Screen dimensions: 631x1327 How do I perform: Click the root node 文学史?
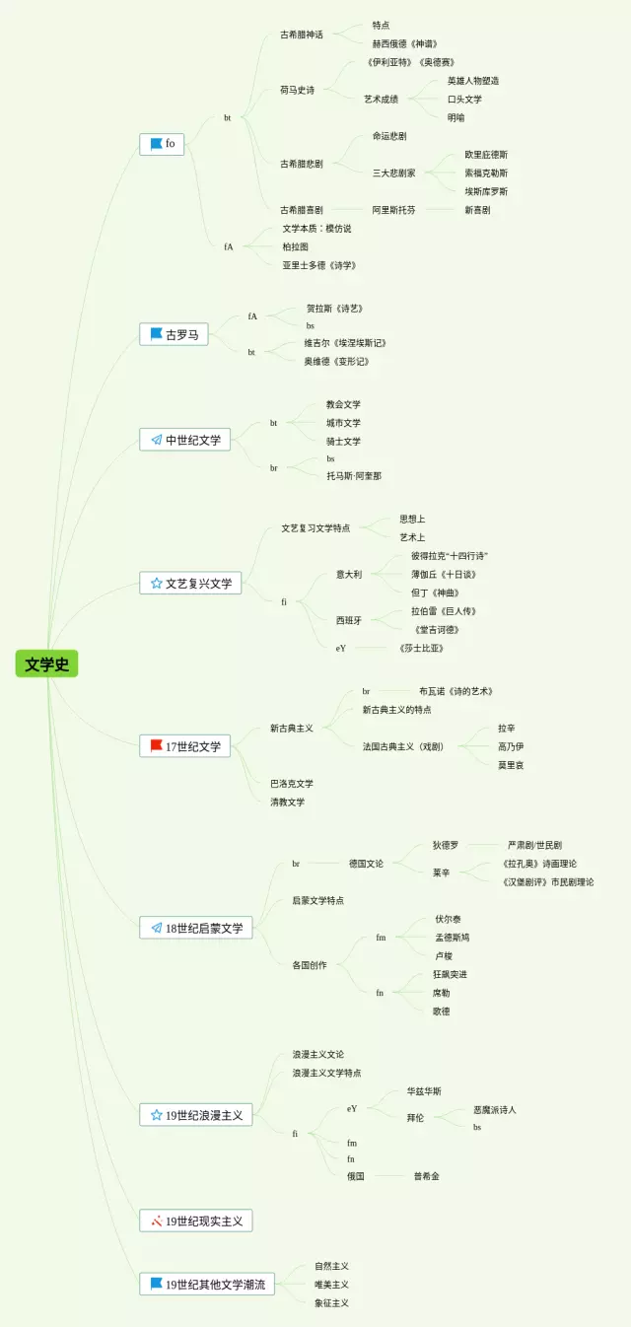[x=46, y=663]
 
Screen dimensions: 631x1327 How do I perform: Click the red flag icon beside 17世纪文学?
[x=156, y=745]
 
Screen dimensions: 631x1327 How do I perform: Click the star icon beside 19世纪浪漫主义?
[x=156, y=1115]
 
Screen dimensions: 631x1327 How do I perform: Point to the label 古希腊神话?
[x=302, y=35]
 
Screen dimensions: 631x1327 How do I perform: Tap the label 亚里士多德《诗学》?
[x=318, y=265]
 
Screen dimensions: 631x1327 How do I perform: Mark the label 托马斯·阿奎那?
[x=354, y=475]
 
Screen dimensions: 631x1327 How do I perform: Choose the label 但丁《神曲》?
[x=435, y=593]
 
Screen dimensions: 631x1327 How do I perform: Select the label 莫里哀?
[x=511, y=765]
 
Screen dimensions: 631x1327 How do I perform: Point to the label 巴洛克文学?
[x=292, y=784]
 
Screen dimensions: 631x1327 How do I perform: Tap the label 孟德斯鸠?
[x=453, y=938]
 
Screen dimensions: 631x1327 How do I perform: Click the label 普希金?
[x=427, y=1176]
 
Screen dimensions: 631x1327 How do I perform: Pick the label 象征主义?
[x=332, y=1302]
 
